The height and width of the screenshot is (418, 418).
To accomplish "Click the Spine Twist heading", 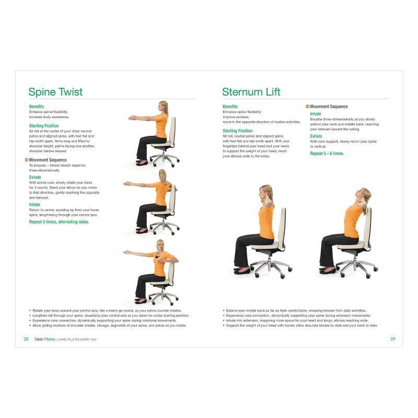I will point(55,92).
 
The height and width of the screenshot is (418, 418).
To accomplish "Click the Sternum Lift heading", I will point(251,92).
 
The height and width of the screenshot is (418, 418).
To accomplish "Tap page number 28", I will point(26,339).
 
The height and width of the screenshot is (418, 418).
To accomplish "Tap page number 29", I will point(392,339).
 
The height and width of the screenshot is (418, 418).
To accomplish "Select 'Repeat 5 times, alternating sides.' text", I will point(59,222).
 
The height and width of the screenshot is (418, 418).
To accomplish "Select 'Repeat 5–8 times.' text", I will point(327,154).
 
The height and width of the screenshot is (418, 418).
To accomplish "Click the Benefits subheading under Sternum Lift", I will point(230,107).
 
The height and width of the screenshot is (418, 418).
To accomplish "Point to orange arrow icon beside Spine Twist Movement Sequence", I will point(27,160).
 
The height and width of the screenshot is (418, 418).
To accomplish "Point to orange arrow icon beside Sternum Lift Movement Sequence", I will point(307,107).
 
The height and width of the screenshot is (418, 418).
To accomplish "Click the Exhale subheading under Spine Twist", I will point(35,177).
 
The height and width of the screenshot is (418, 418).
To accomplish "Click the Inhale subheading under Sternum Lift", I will point(316,113).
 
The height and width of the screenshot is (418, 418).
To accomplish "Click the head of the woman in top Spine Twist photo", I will point(164,107).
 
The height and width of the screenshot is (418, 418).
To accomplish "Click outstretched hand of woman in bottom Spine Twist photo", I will point(127,252).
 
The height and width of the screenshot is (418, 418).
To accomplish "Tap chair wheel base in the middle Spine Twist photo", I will point(164,226).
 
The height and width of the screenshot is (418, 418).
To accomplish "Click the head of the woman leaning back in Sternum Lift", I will point(365,195).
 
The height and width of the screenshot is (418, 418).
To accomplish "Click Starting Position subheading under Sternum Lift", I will point(237,131).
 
